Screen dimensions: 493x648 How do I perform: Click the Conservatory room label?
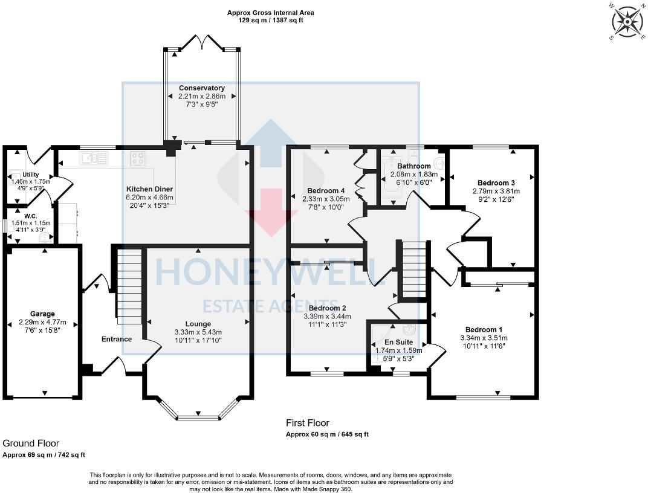click(201, 88)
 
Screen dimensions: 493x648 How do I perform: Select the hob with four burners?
click(138, 159)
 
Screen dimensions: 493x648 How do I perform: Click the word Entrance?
click(116, 339)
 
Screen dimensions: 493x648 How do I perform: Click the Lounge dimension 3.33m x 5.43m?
click(198, 332)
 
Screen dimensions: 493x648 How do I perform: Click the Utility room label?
click(30, 174)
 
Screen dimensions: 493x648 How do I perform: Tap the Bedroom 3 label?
click(496, 182)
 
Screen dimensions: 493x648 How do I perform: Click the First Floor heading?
click(308, 423)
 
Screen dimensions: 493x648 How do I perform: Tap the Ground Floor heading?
click(31, 443)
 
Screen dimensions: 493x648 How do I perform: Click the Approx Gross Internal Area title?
click(270, 12)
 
